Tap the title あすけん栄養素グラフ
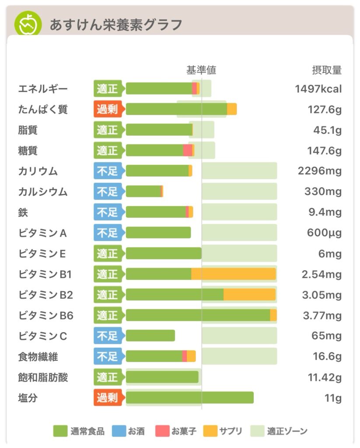tap(115, 25)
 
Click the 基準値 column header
tap(201, 70)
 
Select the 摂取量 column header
tap(327, 70)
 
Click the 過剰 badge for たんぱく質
tap(108, 109)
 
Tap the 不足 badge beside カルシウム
tap(108, 192)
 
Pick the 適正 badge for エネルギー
tap(108, 89)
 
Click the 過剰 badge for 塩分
tap(108, 398)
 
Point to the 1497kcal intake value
tap(318, 89)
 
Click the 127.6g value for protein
tap(325, 109)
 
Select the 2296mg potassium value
tap(320, 171)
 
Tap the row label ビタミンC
tap(43, 336)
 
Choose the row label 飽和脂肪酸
tap(43, 377)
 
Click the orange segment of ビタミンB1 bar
tap(233, 274)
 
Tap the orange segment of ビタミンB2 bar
tap(249, 295)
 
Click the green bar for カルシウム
tap(143, 192)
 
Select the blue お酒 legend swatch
tap(119, 431)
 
